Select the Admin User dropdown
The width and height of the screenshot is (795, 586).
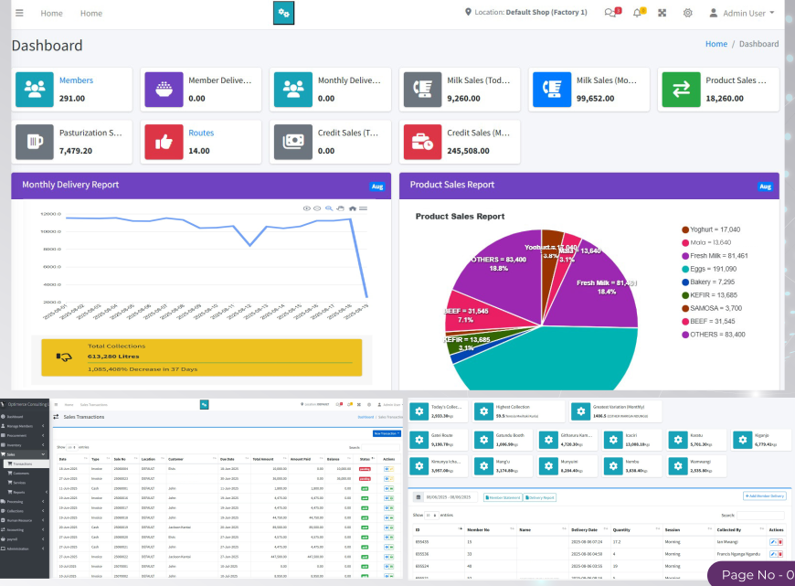click(748, 13)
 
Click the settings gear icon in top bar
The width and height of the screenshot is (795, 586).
click(687, 13)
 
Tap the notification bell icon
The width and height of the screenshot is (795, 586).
click(638, 13)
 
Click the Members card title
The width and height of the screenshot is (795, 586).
click(76, 80)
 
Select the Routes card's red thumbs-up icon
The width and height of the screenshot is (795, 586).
click(164, 142)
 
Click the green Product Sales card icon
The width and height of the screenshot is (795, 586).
click(681, 89)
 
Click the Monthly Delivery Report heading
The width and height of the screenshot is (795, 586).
click(70, 185)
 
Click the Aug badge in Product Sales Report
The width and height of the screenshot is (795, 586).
click(766, 186)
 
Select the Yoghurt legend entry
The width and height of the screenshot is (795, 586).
click(715, 229)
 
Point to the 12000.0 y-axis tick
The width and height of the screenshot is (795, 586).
click(50, 214)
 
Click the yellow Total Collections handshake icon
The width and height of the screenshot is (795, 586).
click(63, 357)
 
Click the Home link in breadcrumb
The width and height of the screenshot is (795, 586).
click(715, 44)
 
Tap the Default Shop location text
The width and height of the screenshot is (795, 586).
click(546, 13)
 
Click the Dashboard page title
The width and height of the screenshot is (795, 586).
click(47, 46)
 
